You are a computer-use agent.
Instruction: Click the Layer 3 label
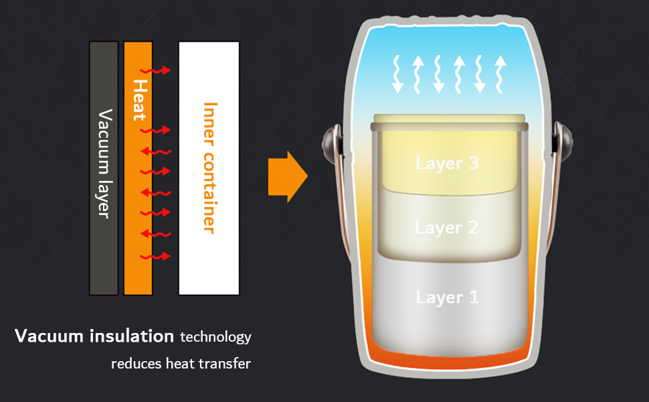447,163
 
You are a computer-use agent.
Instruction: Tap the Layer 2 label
447,228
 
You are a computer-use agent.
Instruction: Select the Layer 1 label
447,297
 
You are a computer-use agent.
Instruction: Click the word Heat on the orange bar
139,100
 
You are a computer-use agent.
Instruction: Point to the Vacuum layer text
104,163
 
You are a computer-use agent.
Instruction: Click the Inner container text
209,167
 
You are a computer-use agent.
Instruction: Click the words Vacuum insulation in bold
94,336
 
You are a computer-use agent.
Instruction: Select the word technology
215,336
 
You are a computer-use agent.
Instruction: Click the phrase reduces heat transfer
181,364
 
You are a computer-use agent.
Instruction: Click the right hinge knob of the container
564,140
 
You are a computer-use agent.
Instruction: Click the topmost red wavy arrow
159,70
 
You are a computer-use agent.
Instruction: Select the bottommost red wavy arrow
159,257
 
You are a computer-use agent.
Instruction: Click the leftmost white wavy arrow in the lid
397,74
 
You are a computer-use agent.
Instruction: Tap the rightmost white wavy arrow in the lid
499,74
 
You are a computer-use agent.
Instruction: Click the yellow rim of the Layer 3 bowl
447,119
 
